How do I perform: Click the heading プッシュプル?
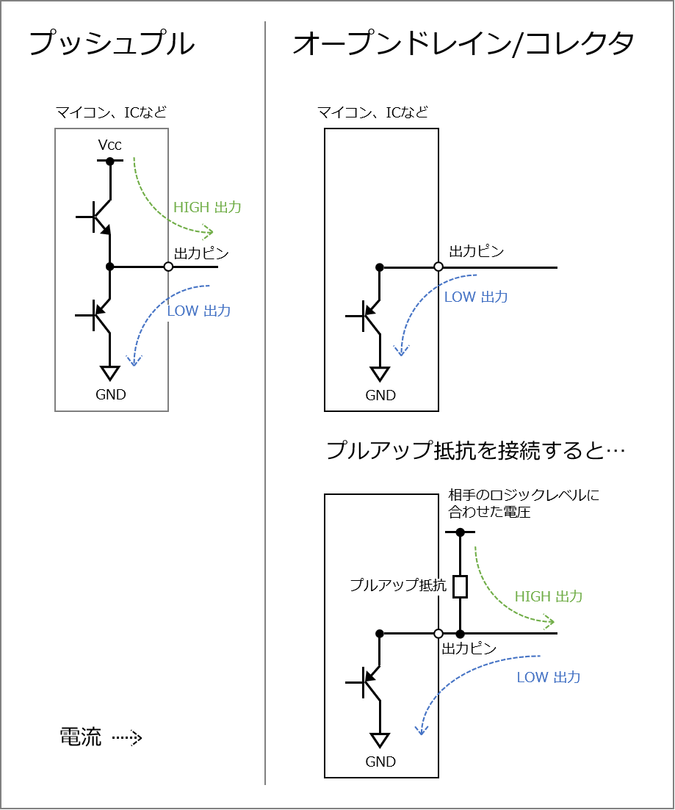coord(112,43)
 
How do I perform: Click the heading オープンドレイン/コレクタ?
coord(463,43)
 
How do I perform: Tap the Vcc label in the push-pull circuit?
coord(109,145)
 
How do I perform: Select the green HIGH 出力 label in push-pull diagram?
coord(207,207)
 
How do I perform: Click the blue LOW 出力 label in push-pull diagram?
coord(199,311)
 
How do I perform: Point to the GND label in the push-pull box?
coord(111,394)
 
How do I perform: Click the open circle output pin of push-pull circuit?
coord(168,267)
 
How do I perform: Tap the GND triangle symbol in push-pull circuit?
coord(110,372)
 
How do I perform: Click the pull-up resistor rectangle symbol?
coord(460,586)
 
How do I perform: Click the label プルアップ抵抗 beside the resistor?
coord(398,585)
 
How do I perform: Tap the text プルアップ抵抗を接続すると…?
coord(475,450)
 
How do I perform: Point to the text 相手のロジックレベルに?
coord(524,495)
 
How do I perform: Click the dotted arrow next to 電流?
coord(127,738)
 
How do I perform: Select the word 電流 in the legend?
coord(80,737)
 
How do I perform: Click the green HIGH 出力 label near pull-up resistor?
coord(549,596)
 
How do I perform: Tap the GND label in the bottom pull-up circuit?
coord(380,762)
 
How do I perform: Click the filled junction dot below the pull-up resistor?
coord(460,633)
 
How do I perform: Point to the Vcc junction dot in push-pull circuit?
coord(110,161)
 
